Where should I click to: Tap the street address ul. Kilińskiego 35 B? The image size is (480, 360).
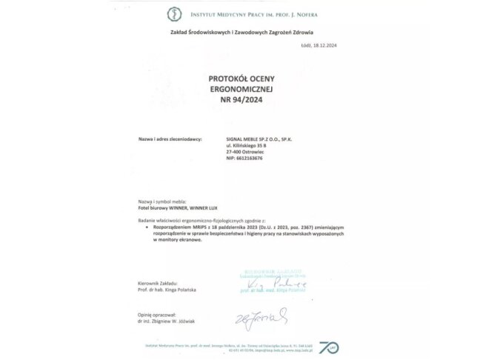(x=245, y=146)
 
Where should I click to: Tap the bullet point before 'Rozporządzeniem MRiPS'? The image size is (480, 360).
(x=147, y=229)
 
